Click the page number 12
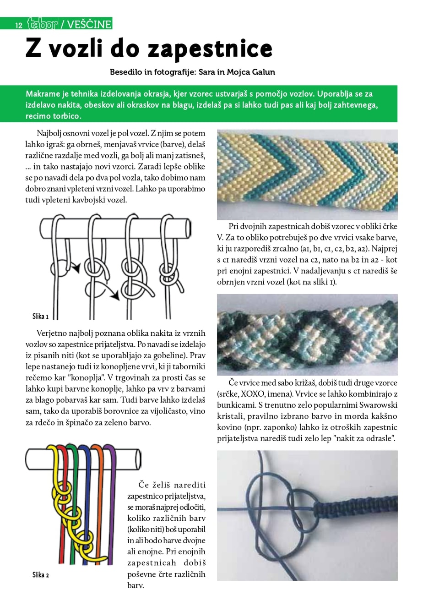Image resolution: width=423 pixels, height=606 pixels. click(19, 25)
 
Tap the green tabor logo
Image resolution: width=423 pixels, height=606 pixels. click(42, 24)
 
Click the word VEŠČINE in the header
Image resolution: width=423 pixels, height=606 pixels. click(89, 24)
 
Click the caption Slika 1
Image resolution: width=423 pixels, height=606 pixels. click(40, 316)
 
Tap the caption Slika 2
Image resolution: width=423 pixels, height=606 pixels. click(40, 575)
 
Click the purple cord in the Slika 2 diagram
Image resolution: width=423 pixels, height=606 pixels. click(112, 504)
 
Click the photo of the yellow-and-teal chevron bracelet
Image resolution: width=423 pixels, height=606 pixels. click(307, 175)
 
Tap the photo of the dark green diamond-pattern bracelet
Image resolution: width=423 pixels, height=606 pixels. click(307, 334)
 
